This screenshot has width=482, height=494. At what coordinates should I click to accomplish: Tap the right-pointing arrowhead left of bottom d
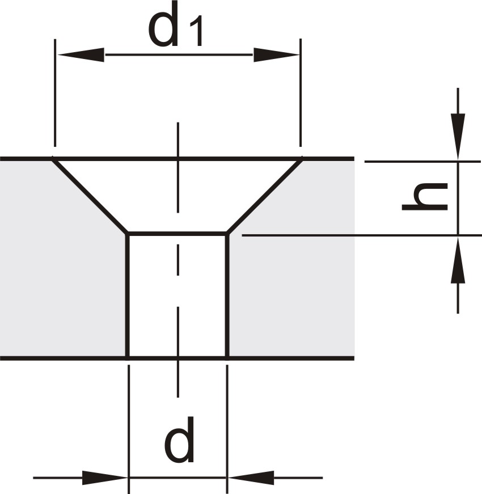coord(104,478)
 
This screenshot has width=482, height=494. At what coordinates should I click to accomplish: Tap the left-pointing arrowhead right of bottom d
coord(251,478)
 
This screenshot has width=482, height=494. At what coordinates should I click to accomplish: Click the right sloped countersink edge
coord(264,196)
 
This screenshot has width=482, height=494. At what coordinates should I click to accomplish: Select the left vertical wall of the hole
coord(128,295)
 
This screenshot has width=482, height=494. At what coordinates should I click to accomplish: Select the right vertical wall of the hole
coord(227,295)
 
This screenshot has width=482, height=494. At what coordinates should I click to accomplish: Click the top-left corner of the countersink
coord(54,159)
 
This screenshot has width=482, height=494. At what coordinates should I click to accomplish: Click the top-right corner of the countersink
coord(301,159)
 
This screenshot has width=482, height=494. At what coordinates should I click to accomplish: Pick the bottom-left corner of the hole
coord(128,357)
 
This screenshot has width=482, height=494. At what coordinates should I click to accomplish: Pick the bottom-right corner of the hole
coord(227,357)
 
